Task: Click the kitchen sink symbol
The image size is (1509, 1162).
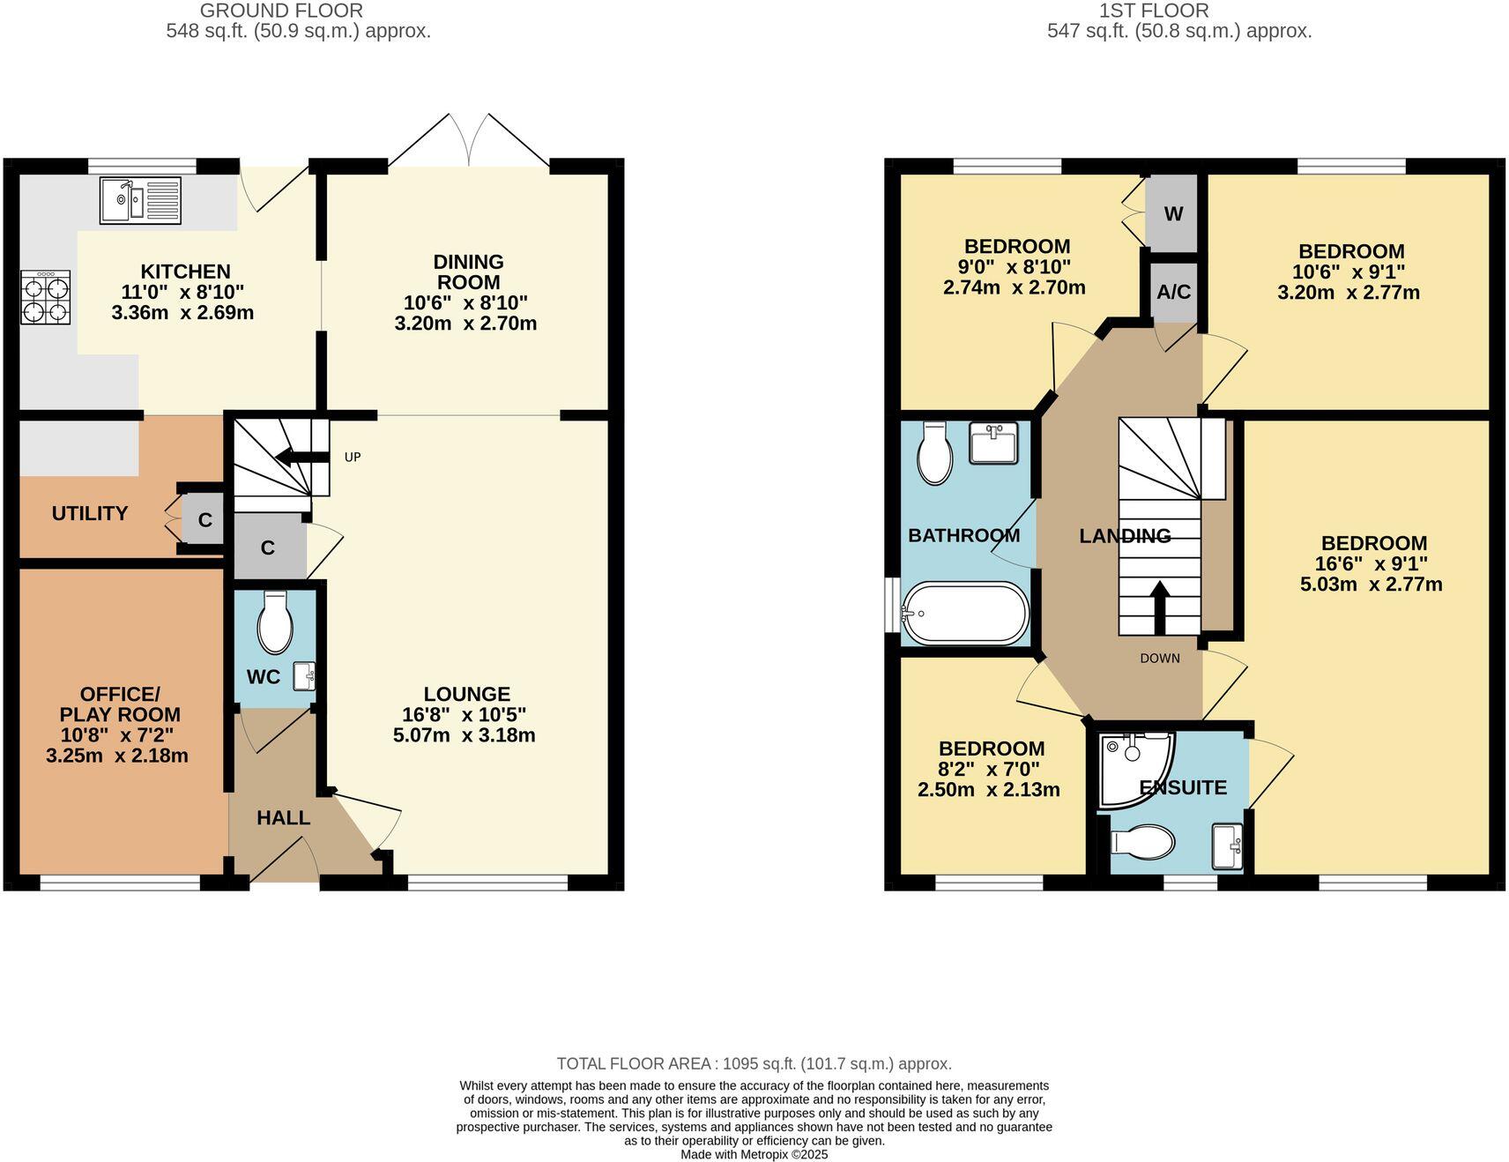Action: click(x=140, y=200)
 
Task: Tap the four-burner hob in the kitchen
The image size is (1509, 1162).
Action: click(x=45, y=297)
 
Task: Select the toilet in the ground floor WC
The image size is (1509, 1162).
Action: click(x=275, y=622)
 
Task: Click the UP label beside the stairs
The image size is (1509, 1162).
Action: click(x=353, y=457)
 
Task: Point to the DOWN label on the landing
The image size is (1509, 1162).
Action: click(x=1159, y=658)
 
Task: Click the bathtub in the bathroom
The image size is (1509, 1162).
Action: click(x=965, y=613)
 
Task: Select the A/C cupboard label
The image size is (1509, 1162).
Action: click(x=1173, y=291)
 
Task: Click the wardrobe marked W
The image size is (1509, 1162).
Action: click(x=1173, y=214)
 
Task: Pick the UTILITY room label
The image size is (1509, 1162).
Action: click(x=90, y=513)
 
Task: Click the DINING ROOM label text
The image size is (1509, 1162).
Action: click(x=468, y=272)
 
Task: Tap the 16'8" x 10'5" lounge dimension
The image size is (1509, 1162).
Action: click(x=466, y=714)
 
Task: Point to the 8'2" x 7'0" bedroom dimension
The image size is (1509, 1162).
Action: click(x=990, y=769)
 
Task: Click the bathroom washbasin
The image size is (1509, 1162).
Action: click(x=992, y=443)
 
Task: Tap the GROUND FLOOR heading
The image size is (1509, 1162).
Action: click(x=281, y=11)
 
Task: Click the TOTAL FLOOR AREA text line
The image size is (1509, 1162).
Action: click(x=754, y=1063)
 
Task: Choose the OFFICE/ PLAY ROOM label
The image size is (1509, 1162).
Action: click(x=120, y=704)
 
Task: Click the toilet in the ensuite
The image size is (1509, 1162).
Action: click(x=1144, y=841)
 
